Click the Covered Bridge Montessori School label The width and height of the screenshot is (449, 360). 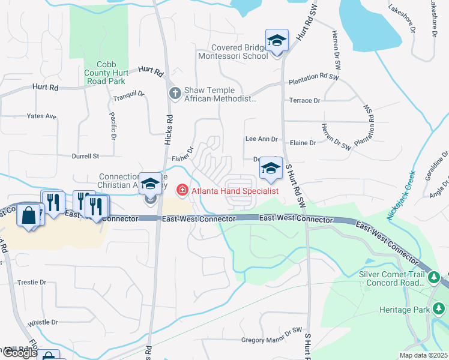click(x=240, y=52)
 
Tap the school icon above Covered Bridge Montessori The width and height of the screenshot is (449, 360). click(x=277, y=40)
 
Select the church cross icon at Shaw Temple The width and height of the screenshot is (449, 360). click(x=175, y=93)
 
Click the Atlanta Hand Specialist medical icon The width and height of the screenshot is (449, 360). click(x=181, y=190)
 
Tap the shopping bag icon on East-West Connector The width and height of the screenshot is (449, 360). click(x=29, y=214)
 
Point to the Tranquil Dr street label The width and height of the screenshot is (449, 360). click(x=129, y=94)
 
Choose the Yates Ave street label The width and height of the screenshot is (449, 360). click(x=41, y=116)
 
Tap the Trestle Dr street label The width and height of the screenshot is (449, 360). click(x=32, y=282)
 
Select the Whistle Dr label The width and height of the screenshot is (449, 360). click(x=43, y=322)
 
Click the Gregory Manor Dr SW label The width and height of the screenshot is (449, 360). click(x=271, y=340)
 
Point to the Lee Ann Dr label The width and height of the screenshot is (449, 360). click(x=262, y=139)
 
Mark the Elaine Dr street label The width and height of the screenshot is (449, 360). click(x=303, y=143)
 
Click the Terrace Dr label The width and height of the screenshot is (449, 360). click(x=305, y=100)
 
